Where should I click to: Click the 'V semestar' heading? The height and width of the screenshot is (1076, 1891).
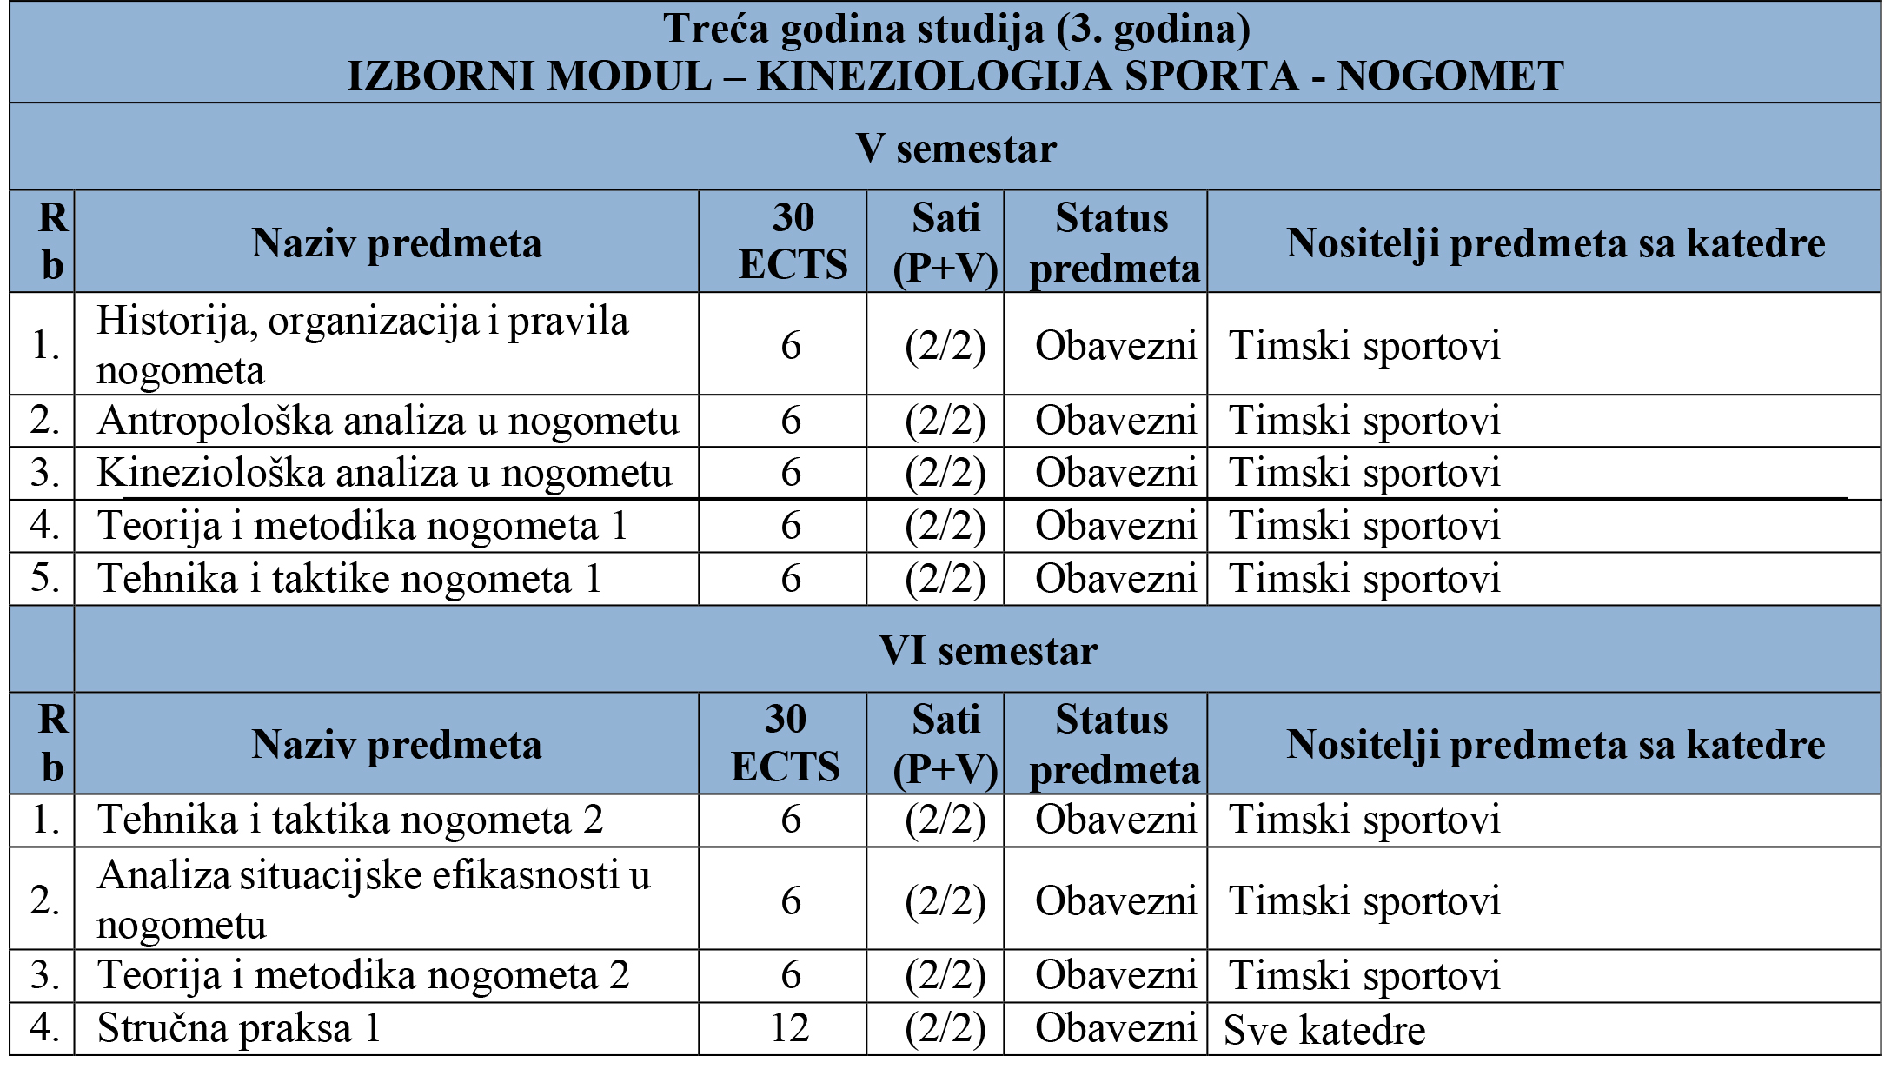[956, 149]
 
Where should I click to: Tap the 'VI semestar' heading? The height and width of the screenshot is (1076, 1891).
[988, 650]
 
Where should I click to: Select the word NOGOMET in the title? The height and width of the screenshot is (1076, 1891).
[1450, 76]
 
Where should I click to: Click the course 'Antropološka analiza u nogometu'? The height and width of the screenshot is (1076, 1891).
[388, 421]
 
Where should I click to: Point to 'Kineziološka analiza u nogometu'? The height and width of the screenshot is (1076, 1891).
[384, 473]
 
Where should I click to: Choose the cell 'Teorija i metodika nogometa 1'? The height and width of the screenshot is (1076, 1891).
[362, 526]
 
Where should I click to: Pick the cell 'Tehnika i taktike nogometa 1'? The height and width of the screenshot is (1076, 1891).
[349, 579]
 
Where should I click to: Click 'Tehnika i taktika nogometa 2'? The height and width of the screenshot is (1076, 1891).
[350, 820]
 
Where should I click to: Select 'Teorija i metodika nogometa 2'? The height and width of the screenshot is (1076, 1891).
[363, 975]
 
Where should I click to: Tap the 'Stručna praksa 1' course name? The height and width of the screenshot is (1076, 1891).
[239, 1028]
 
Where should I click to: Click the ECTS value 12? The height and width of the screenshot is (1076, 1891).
[790, 1028]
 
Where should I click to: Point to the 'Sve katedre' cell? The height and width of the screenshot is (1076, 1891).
[1324, 1031]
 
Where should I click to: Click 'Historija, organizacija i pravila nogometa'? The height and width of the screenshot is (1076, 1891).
[362, 344]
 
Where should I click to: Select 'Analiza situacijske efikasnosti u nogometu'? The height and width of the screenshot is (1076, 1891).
[374, 899]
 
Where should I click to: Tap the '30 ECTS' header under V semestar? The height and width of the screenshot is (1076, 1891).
[793, 241]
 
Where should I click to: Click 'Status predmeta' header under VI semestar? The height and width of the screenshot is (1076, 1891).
[1114, 744]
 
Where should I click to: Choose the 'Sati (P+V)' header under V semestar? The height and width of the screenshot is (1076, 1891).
[945, 242]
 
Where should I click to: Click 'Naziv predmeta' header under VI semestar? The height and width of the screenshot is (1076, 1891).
[396, 744]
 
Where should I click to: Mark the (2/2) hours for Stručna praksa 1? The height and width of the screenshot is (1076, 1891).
[945, 1028]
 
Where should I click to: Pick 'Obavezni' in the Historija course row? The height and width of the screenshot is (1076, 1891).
[1116, 346]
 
